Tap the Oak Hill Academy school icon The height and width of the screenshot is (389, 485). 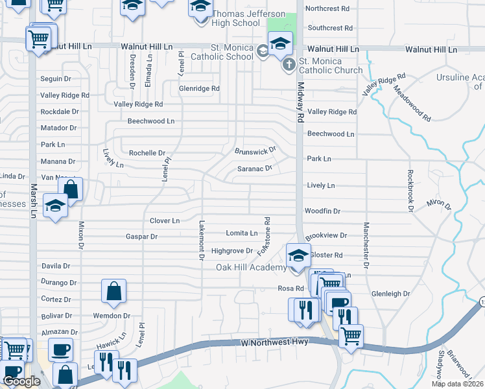298,254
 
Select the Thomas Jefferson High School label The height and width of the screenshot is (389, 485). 240,18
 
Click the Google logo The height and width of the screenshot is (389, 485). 22,381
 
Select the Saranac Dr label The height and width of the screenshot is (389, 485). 254,168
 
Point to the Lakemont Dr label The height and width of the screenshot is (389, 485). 201,239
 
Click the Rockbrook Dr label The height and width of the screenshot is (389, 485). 410,191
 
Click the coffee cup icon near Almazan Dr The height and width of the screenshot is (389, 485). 60,349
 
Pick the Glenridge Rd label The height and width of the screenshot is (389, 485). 200,88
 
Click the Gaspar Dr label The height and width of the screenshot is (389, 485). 142,237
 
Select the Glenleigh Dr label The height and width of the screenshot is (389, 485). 391,294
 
